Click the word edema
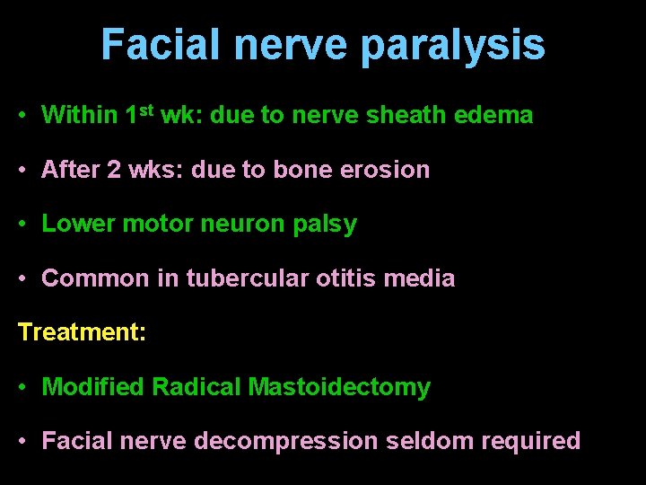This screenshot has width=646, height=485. (x=499, y=115)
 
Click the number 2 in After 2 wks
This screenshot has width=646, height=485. (x=112, y=170)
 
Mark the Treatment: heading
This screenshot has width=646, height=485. (x=82, y=332)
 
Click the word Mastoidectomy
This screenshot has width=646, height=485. (x=339, y=388)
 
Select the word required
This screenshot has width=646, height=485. (x=531, y=442)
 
